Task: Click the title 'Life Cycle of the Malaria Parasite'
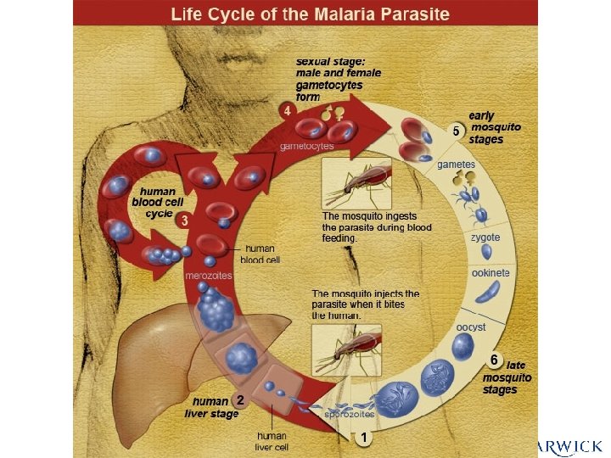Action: (x=310, y=14)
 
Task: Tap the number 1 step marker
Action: (x=364, y=438)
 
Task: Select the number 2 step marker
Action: (x=241, y=399)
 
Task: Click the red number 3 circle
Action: (x=184, y=220)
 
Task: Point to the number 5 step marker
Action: (x=456, y=131)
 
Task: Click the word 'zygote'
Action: (x=485, y=238)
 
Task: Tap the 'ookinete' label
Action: (x=490, y=273)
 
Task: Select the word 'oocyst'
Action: (x=471, y=326)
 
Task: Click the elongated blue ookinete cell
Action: (x=487, y=292)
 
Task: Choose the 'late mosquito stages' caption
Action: (x=507, y=377)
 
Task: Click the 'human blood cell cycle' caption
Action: (x=157, y=203)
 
